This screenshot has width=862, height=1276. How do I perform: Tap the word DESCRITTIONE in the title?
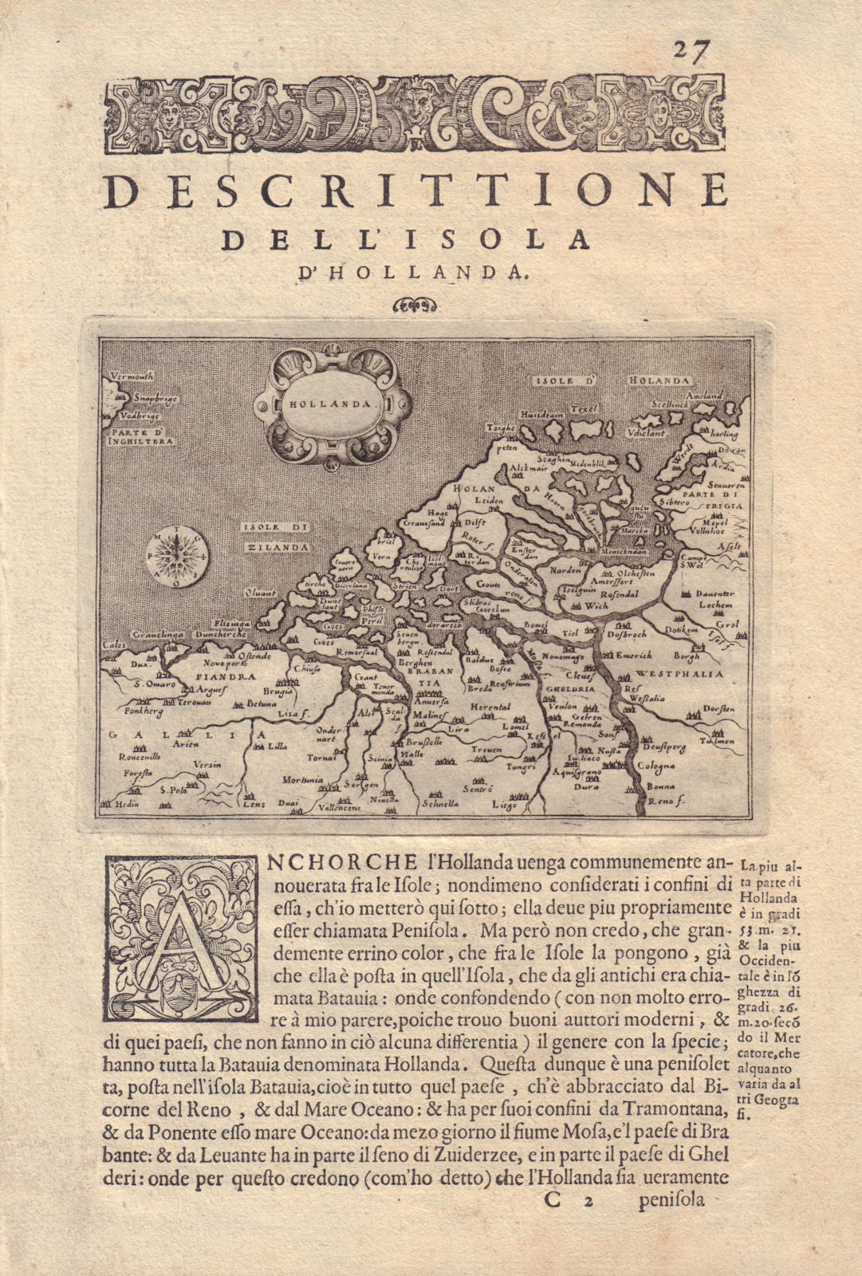pos(417,192)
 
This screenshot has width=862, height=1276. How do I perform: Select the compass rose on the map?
pos(177,556)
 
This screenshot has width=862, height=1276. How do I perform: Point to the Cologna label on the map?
pos(656,764)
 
